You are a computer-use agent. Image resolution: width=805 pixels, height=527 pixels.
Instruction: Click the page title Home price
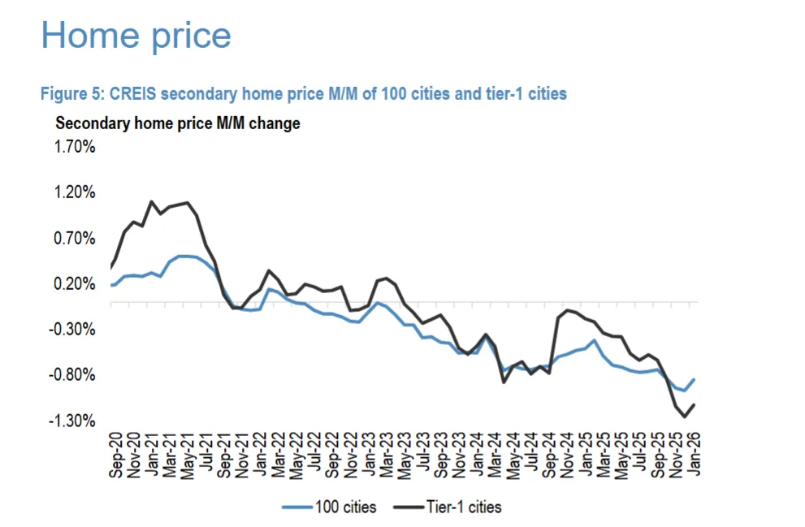point(136,36)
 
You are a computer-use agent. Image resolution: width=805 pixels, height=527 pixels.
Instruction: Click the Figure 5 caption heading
point(303,94)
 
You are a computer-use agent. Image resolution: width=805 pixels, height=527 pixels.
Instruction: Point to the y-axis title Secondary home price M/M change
point(177,124)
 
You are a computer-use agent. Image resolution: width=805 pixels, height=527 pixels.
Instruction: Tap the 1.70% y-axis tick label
point(76,148)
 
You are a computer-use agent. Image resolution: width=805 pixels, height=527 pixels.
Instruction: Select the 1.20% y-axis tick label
point(76,193)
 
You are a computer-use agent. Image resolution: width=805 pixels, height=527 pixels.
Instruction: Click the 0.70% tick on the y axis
point(76,239)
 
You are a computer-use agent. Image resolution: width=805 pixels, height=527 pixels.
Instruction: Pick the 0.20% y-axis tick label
point(76,284)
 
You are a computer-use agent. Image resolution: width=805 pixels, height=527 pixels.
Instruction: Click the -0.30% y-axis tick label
point(74,330)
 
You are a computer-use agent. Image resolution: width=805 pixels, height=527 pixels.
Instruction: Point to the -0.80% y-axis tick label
point(74,375)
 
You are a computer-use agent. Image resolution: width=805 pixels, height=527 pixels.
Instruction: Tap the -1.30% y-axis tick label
point(74,421)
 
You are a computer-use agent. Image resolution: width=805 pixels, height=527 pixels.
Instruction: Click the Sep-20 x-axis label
point(116,455)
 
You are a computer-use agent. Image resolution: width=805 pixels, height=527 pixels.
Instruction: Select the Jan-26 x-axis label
point(695,455)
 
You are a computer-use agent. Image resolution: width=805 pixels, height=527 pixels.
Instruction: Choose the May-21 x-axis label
point(188,455)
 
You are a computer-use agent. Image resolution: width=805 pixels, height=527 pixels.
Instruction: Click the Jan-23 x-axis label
point(370,455)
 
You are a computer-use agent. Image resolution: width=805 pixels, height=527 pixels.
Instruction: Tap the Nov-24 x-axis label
point(569,455)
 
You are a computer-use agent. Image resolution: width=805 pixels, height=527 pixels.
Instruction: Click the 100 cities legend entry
point(329,508)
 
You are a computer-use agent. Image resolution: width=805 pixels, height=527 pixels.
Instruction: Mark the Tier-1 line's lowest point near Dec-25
point(686,417)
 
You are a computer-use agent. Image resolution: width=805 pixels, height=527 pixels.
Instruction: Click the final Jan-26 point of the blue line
point(695,379)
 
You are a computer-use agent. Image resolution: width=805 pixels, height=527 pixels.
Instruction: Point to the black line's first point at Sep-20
point(111,267)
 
